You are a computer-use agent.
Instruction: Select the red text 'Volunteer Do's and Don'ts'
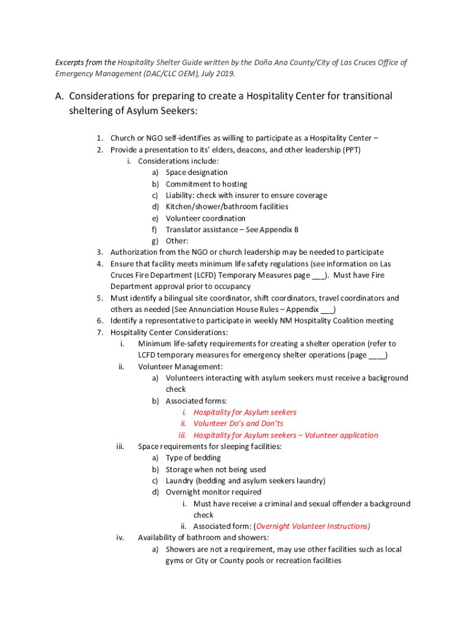238,424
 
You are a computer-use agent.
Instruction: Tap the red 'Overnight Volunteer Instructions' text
313,526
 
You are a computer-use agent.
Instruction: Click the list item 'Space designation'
197,172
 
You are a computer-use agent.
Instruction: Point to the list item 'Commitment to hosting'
206,184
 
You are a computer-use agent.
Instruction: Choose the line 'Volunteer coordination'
206,218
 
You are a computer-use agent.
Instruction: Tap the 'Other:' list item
177,241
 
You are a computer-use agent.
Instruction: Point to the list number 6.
100,321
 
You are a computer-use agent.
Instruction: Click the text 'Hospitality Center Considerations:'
169,332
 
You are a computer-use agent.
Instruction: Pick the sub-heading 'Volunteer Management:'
180,366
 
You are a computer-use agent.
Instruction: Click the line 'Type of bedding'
193,458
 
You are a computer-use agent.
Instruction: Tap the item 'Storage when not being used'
215,469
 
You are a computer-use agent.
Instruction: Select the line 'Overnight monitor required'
214,492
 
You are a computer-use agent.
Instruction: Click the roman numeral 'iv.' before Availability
120,537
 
